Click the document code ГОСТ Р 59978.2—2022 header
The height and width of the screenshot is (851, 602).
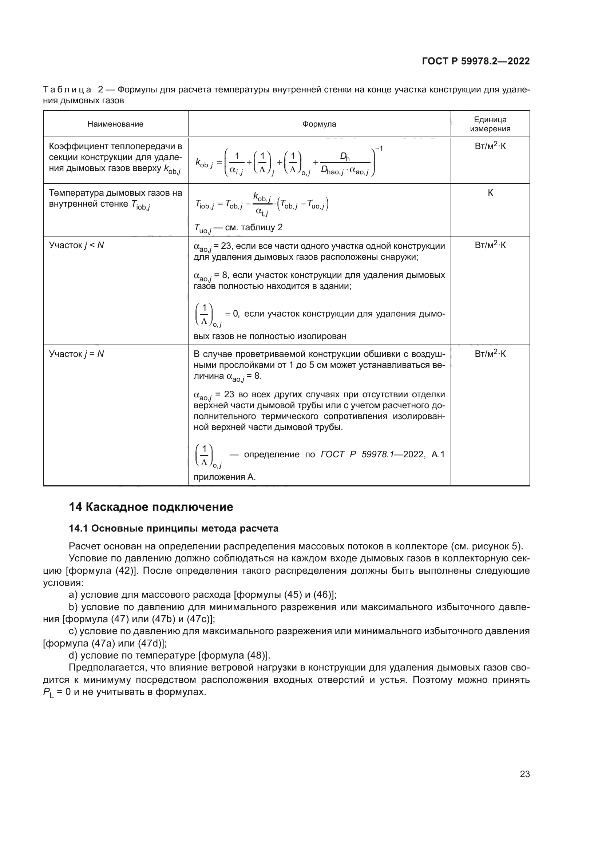pos(476,61)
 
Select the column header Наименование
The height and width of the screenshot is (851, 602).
pos(115,124)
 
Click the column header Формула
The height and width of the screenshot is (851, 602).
pos(319,124)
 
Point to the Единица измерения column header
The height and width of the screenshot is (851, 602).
pos(490,124)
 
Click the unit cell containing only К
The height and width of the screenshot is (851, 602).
pos(490,193)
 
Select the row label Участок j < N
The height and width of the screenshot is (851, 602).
pos(76,245)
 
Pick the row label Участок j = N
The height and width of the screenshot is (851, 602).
pos(76,354)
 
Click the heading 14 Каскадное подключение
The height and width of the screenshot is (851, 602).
pos(151,507)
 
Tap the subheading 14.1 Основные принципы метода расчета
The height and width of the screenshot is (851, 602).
pos(174,529)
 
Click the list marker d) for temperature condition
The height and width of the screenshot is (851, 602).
pos(73,655)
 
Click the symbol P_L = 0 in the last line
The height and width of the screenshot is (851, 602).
pos(56,692)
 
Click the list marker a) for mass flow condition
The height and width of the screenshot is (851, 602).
pos(73,594)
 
